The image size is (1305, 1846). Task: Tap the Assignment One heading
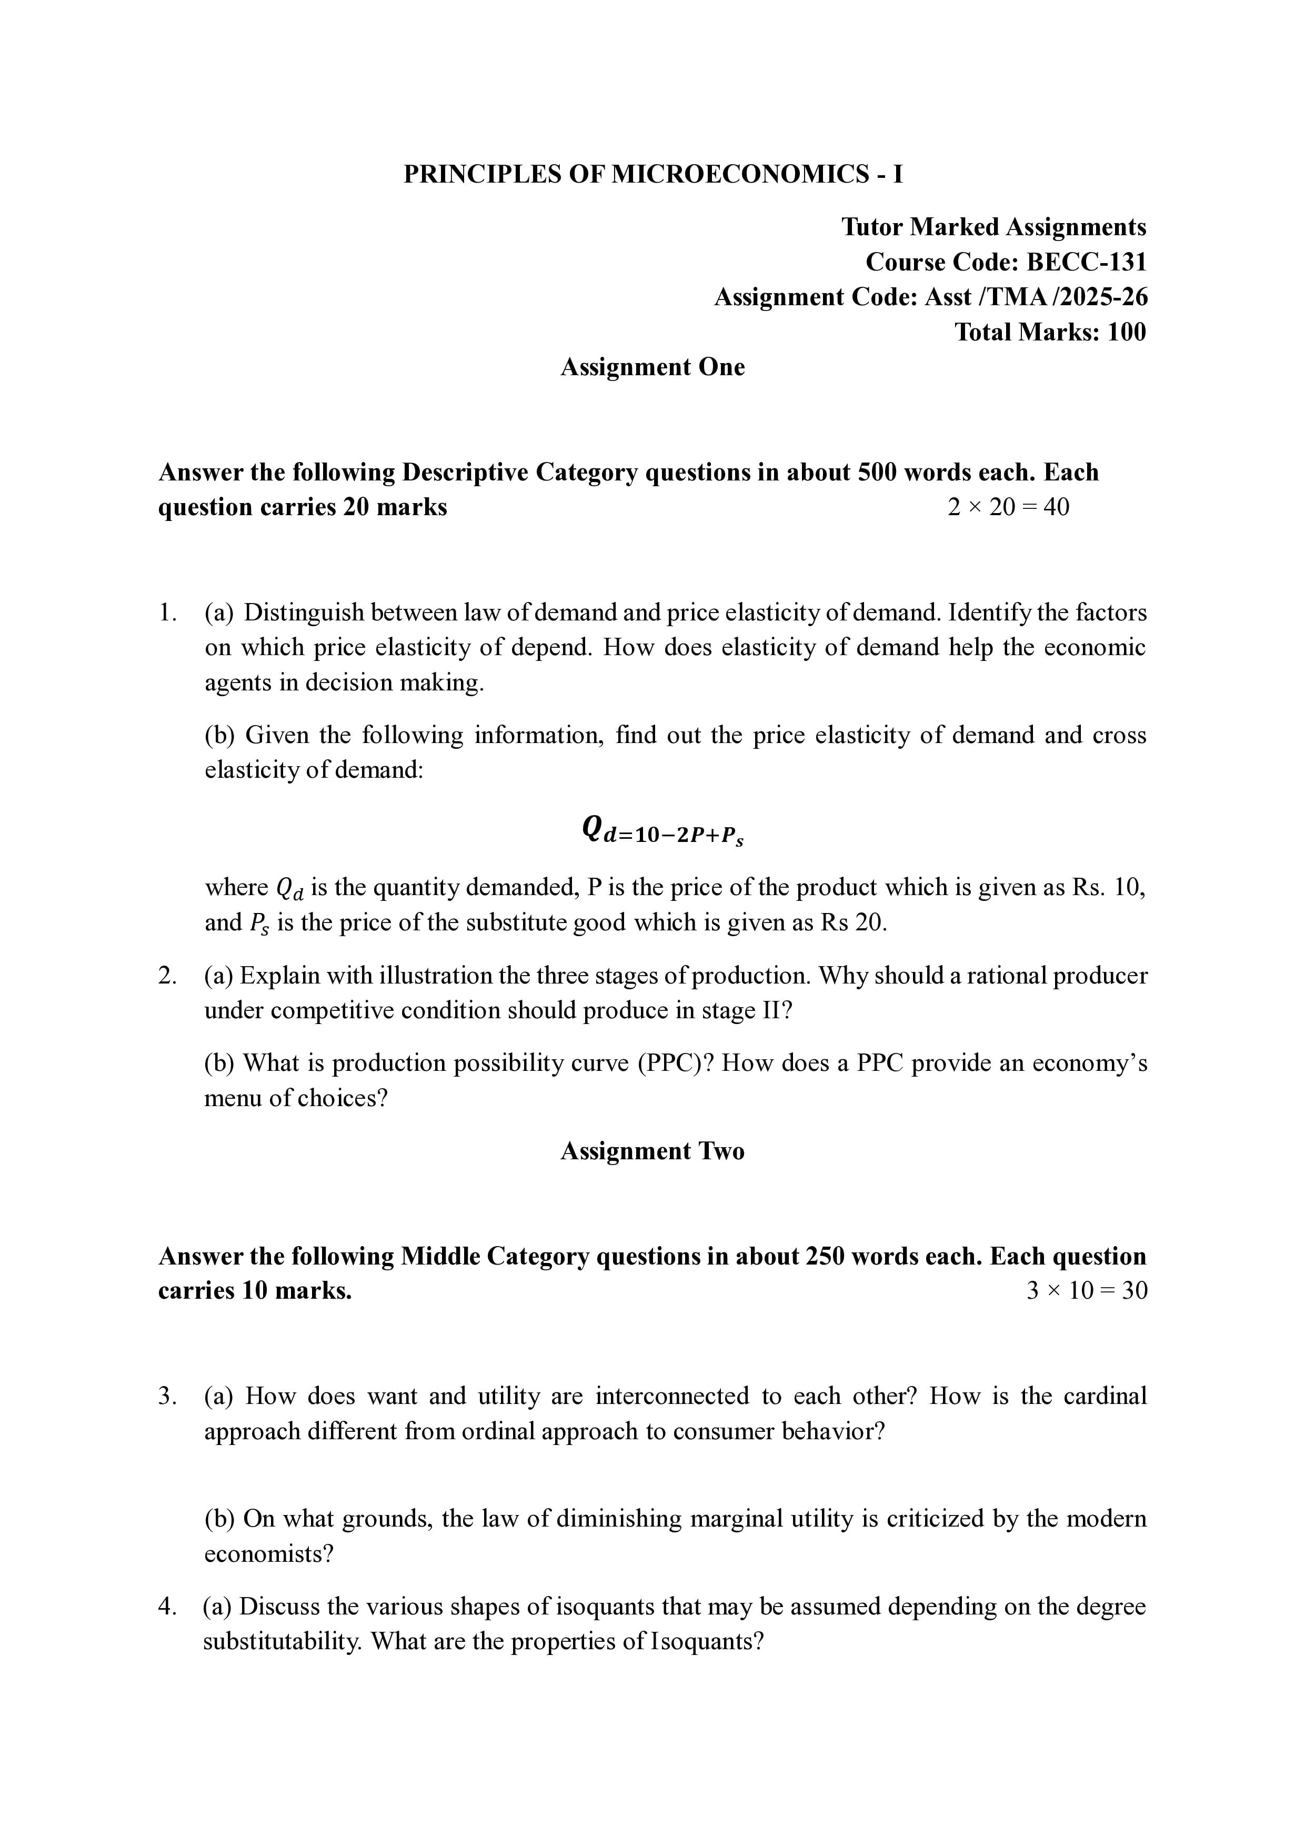pyautogui.click(x=652, y=367)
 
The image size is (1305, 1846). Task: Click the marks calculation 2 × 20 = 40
pyautogui.click(x=1008, y=507)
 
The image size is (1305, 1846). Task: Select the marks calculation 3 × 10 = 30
pyautogui.click(x=1086, y=1290)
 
